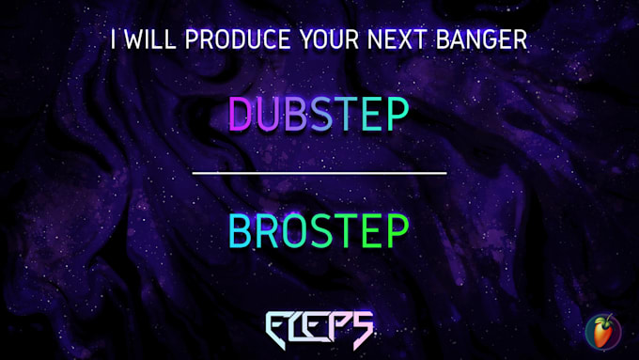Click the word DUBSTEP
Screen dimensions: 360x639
pos(319,114)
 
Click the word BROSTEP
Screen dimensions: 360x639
pos(319,230)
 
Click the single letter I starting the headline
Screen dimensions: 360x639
pos(114,40)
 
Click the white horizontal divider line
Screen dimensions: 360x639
pos(319,173)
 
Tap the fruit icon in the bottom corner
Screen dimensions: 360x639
pos(602,331)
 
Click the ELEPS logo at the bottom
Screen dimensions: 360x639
pos(319,328)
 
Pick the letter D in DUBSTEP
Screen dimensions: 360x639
pos(242,114)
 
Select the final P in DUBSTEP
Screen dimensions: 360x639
pos(397,114)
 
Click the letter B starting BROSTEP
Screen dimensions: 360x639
pos(241,230)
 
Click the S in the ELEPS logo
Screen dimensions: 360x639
pos(362,328)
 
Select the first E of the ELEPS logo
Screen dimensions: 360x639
pos(279,328)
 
